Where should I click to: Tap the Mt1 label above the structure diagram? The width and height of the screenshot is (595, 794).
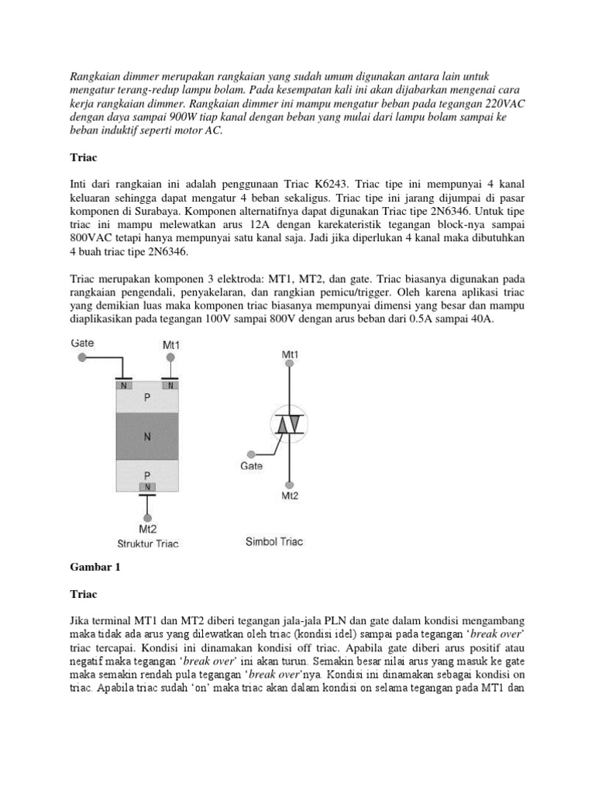pyautogui.click(x=172, y=343)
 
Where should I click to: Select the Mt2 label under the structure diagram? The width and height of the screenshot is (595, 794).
pyautogui.click(x=147, y=529)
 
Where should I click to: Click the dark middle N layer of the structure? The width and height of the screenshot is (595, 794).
pyautogui.click(x=146, y=436)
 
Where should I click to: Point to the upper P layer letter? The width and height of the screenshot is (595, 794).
pyautogui.click(x=146, y=397)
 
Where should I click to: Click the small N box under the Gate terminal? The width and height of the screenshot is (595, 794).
pyautogui.click(x=123, y=385)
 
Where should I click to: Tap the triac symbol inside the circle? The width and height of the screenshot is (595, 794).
pyautogui.click(x=289, y=423)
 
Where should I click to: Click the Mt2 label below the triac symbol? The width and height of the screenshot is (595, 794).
pyautogui.click(x=291, y=495)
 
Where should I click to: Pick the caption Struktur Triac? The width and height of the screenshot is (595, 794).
pyautogui.click(x=147, y=543)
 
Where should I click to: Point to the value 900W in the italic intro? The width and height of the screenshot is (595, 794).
pyautogui.click(x=172, y=116)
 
